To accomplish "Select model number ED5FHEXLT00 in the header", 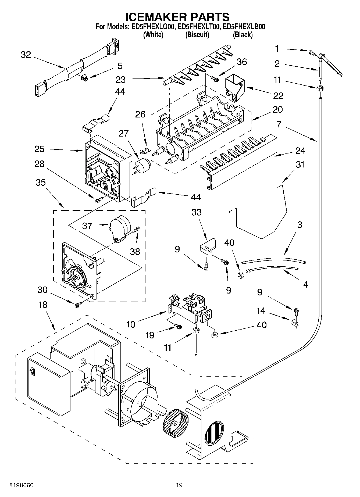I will pos(198,27).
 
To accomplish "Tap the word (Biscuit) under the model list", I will pos(197,35).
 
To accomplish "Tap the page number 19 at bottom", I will pos(179,485).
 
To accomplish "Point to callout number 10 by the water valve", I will pos(131,324).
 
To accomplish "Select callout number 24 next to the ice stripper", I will pos(300,151).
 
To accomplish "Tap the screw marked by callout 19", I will pos(178,326).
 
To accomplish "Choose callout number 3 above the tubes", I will pos(300,225).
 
